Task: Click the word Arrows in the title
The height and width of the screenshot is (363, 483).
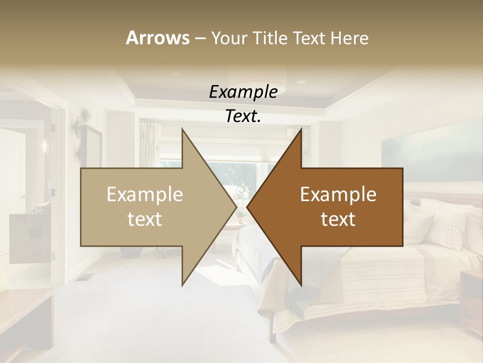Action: (157, 38)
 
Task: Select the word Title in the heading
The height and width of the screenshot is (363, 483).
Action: (270, 38)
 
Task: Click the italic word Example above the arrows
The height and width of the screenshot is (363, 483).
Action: (243, 92)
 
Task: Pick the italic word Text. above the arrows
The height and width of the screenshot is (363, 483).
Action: (243, 116)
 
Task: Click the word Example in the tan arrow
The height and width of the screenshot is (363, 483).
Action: (145, 195)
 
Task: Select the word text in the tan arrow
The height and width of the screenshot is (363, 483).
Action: (145, 219)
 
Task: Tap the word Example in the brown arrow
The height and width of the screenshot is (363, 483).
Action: (338, 195)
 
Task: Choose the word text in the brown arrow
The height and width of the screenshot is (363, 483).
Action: (338, 219)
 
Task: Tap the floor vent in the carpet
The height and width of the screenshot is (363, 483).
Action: (86, 277)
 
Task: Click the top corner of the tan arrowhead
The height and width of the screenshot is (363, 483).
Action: (182, 129)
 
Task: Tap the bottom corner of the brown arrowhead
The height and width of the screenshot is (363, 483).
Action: (301, 285)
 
